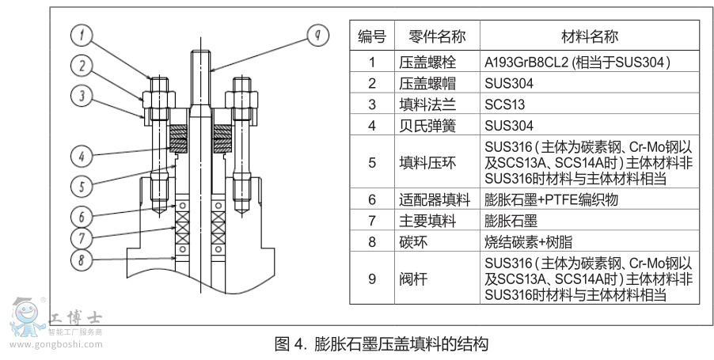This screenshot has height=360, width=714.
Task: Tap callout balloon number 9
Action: coord(317,35)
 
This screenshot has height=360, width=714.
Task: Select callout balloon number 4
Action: coord(82,156)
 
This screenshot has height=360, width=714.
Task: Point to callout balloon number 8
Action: coord(82,259)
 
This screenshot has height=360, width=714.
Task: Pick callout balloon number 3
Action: coord(82,96)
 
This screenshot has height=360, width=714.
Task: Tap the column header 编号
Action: coord(372,36)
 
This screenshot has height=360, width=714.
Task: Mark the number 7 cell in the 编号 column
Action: coord(372,221)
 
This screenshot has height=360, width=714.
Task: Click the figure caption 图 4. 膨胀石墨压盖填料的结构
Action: coord(380,344)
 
